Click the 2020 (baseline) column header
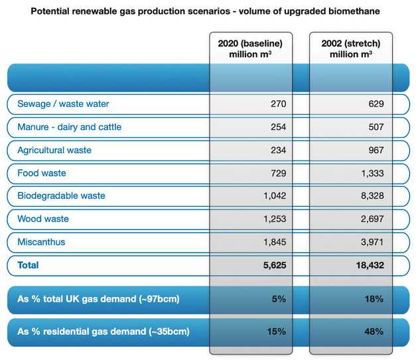pyautogui.click(x=250, y=49)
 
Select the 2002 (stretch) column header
pyautogui.click(x=351, y=49)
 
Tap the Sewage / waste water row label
pyautogui.click(x=63, y=103)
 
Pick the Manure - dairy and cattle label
pyautogui.click(x=69, y=127)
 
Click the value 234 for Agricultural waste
pyautogui.click(x=278, y=150)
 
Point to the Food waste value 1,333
pyautogui.click(x=372, y=173)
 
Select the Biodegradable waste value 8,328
pyautogui.click(x=372, y=196)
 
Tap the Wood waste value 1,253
pyautogui.click(x=275, y=219)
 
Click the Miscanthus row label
pyautogui.click(x=41, y=242)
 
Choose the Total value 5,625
pyautogui.click(x=275, y=265)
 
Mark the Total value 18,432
pyautogui.click(x=370, y=265)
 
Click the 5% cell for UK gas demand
pyautogui.click(x=279, y=299)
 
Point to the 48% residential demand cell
pyautogui.click(x=374, y=331)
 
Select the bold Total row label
pyautogui.click(x=28, y=265)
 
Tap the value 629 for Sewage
pyautogui.click(x=376, y=103)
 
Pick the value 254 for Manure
pyautogui.click(x=278, y=127)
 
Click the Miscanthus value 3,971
pyautogui.click(x=372, y=242)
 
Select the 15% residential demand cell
pyautogui.click(x=277, y=331)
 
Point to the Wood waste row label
pyautogui.click(x=43, y=219)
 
